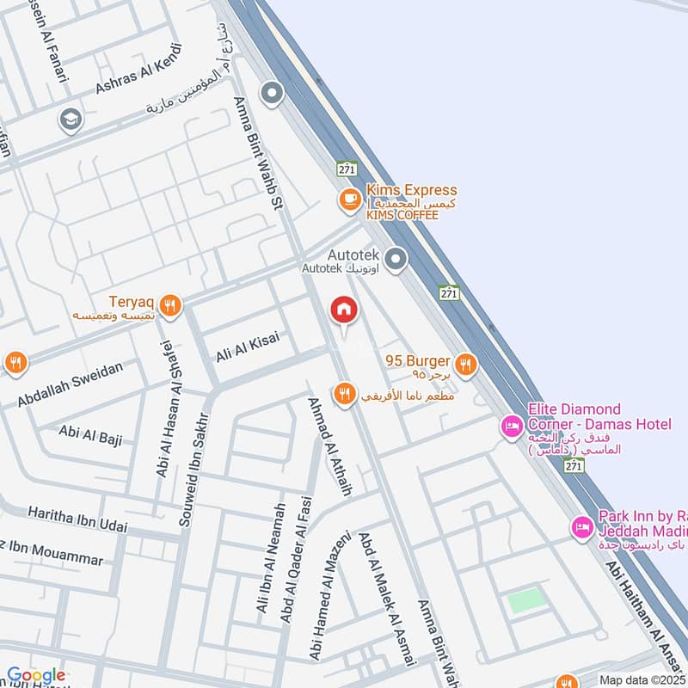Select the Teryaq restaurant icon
pos(170,304)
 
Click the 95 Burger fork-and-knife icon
pos(466,364)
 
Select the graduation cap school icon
pos(70,120)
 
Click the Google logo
pos(35,676)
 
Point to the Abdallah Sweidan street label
pos(70,384)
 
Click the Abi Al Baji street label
pos(90,433)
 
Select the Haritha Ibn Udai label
pos(77,519)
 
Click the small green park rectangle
pos(525,599)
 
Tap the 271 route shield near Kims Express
pos(347,169)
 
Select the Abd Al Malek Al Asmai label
pos(386,598)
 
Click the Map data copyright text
pos(642,679)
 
